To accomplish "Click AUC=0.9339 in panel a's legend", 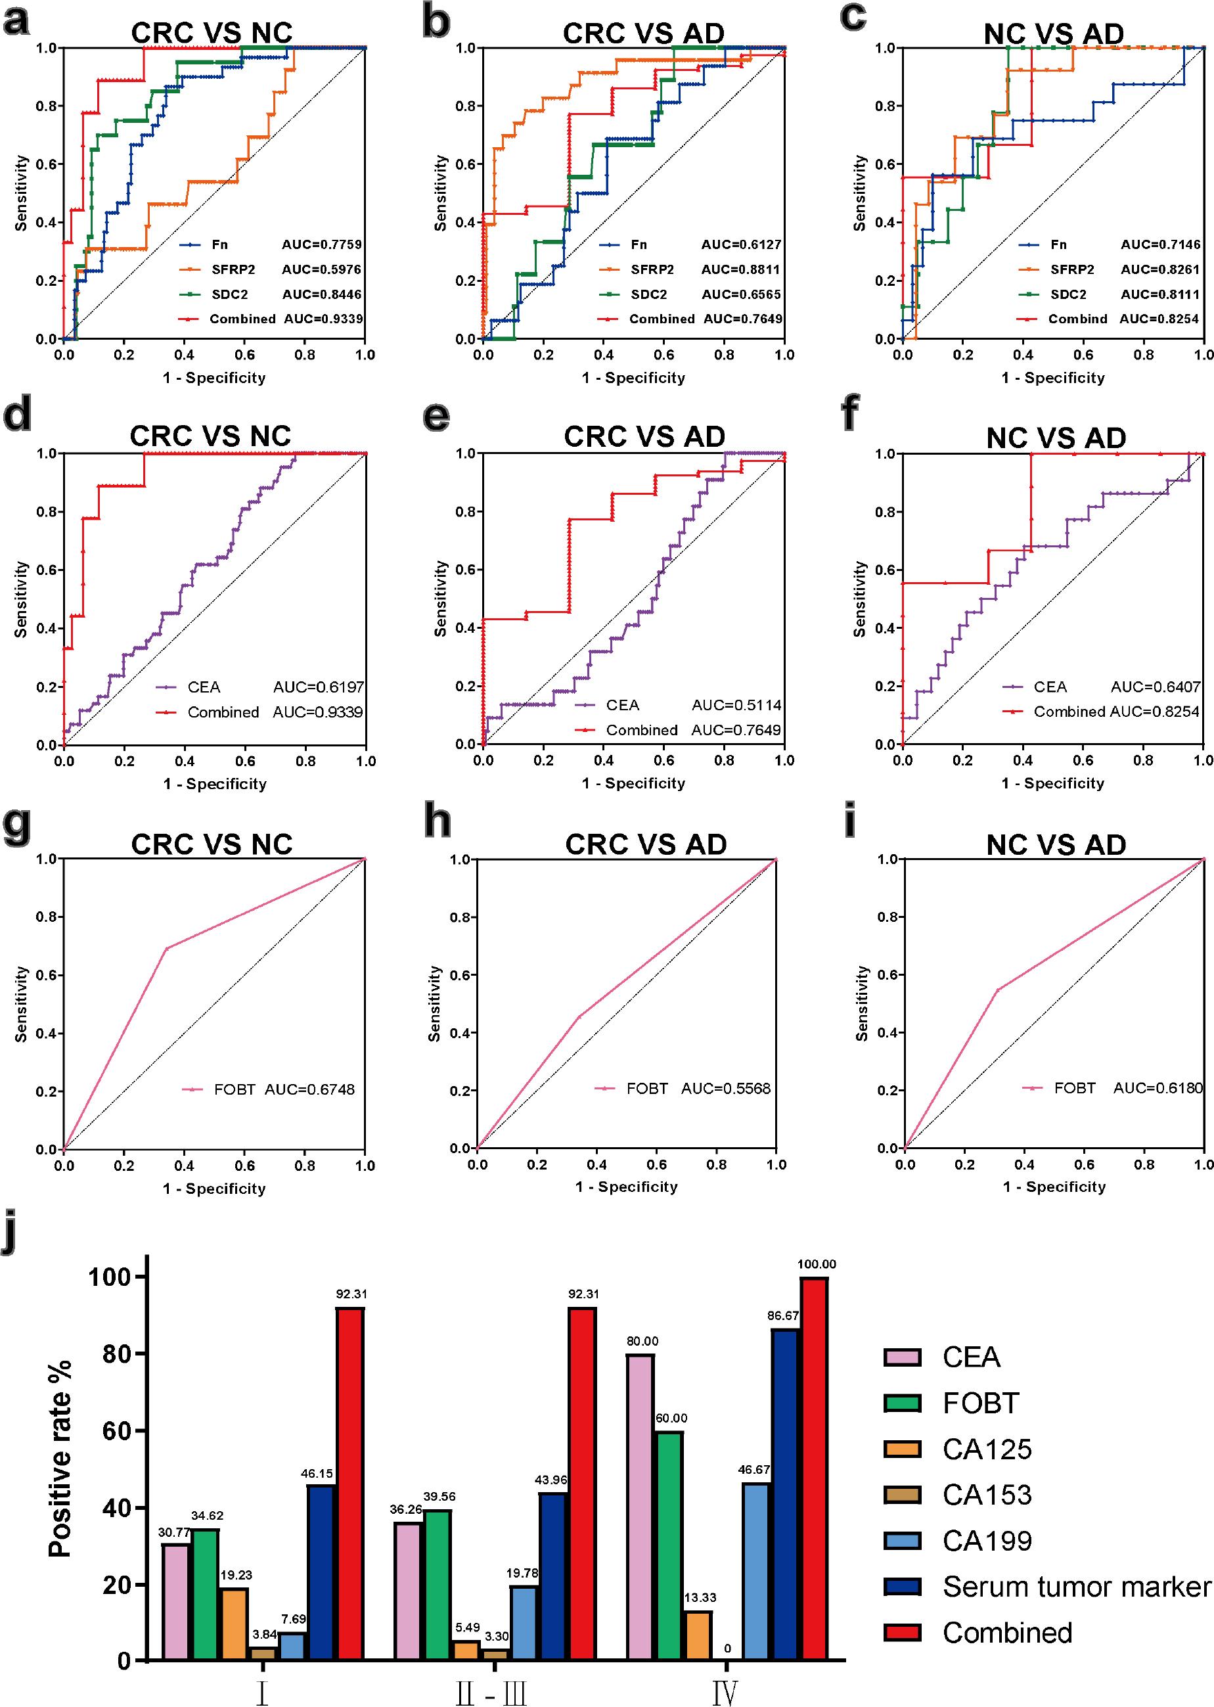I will (x=323, y=319).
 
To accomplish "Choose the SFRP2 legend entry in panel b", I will (x=652, y=269).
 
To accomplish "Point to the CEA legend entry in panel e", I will (x=622, y=705).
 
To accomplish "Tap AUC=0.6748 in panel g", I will (x=309, y=1089).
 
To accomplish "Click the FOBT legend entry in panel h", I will (x=646, y=1089).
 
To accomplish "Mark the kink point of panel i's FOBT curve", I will (x=997, y=990).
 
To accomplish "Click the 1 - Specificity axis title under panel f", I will (x=1052, y=783).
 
